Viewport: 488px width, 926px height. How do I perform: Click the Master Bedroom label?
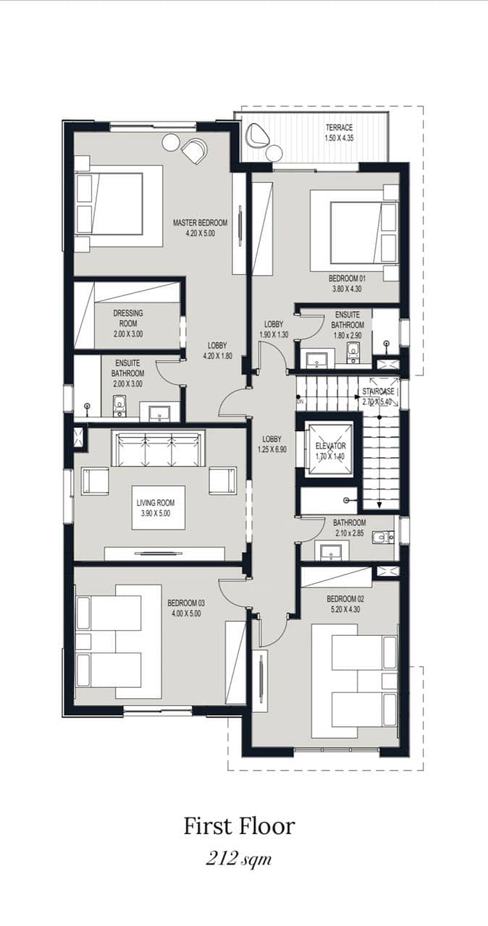click(200, 223)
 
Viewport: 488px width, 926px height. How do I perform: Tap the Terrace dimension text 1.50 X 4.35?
click(339, 138)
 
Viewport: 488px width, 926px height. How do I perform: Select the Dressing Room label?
click(128, 318)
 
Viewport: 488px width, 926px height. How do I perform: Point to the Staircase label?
click(379, 391)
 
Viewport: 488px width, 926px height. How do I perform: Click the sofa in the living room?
click(159, 449)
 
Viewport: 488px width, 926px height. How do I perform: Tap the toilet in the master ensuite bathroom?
click(119, 406)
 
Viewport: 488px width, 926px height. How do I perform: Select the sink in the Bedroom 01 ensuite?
click(317, 358)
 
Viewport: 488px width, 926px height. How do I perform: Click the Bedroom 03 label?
click(186, 603)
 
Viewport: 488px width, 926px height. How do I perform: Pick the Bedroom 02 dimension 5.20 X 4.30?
click(345, 609)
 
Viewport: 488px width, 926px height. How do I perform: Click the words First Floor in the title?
click(240, 826)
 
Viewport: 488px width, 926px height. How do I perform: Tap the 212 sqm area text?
click(239, 859)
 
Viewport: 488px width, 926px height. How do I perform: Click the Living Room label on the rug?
click(156, 503)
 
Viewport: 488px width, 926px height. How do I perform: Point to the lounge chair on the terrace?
click(257, 135)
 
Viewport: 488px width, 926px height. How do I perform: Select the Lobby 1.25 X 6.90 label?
click(272, 444)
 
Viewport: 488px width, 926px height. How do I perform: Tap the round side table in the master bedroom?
click(170, 143)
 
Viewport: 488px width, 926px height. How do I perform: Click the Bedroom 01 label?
click(347, 279)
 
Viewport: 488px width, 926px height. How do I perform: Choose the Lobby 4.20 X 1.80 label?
click(217, 351)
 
